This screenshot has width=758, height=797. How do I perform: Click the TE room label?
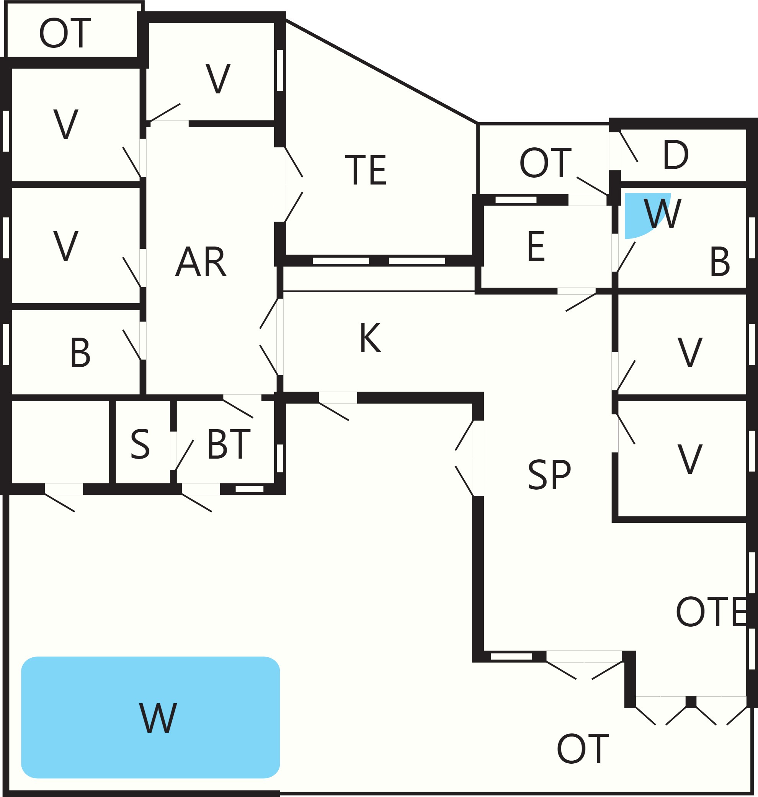click(x=366, y=170)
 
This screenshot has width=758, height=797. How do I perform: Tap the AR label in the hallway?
click(x=201, y=262)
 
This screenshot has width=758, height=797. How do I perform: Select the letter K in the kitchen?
click(x=370, y=338)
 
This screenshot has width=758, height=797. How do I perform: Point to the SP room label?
click(x=549, y=475)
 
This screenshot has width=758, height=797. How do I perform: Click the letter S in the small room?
click(x=140, y=444)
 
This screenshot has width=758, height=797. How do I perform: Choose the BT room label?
click(x=229, y=444)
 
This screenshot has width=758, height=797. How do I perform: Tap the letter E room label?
click(x=536, y=247)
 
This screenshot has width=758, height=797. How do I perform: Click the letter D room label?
click(x=676, y=154)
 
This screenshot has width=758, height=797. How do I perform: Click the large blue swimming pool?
click(x=150, y=717)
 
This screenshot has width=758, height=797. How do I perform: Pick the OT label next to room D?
click(x=545, y=163)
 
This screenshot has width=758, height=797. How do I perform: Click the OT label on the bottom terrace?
click(x=582, y=749)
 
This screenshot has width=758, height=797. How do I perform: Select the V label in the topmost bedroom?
click(x=218, y=78)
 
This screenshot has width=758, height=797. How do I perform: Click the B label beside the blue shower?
click(x=720, y=262)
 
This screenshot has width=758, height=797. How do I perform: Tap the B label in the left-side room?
click(x=80, y=353)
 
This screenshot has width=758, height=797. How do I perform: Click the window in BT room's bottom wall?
click(x=249, y=489)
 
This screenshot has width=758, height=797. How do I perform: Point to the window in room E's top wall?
click(x=516, y=200)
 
